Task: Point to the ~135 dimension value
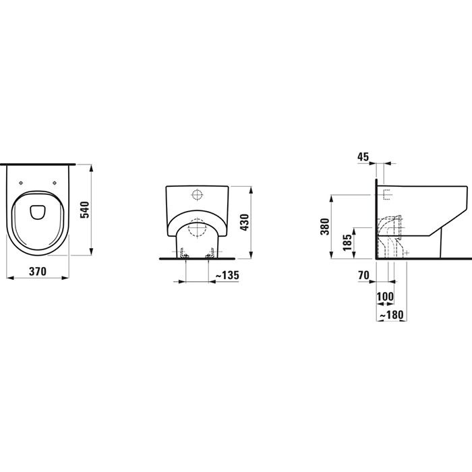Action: click(226, 274)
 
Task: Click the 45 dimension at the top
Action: click(363, 156)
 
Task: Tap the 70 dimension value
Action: click(363, 276)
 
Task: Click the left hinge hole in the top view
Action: click(22, 182)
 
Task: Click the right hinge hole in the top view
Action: click(55, 182)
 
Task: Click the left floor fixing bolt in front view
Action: click(183, 254)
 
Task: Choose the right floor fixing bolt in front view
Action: click(214, 254)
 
